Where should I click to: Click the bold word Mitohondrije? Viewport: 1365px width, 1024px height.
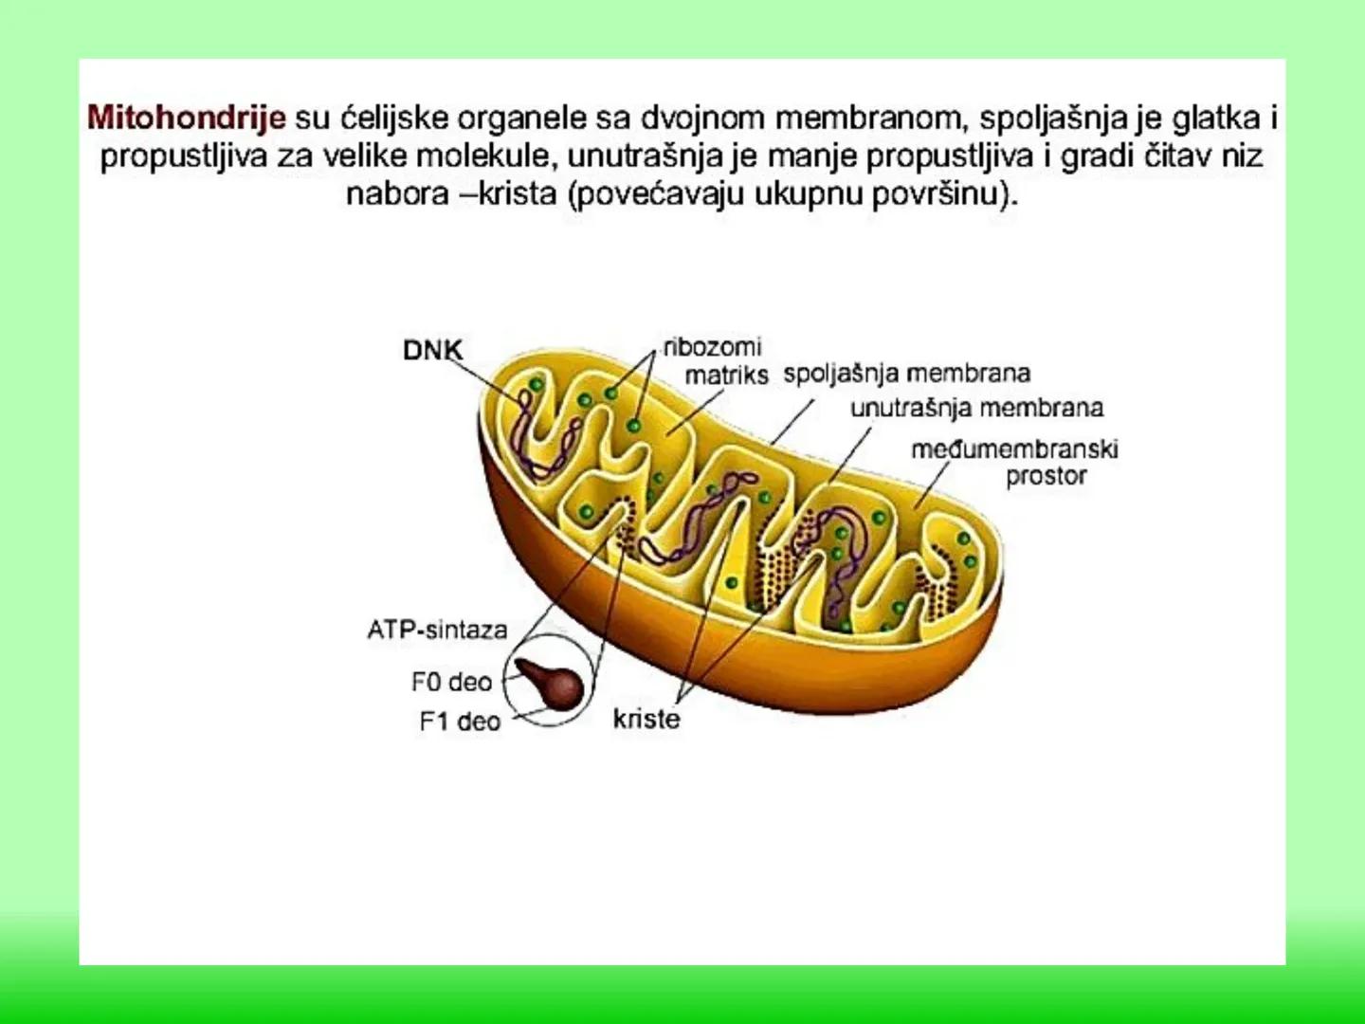click(x=186, y=118)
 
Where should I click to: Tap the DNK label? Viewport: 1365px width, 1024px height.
click(x=432, y=350)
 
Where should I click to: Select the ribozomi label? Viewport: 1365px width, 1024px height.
click(x=712, y=347)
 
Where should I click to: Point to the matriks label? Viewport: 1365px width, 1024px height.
click(x=726, y=375)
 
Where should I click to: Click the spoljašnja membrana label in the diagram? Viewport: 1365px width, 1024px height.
click(x=906, y=374)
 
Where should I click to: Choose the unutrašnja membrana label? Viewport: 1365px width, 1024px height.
click(x=976, y=409)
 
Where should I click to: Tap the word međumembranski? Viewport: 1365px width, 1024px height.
click(x=1014, y=448)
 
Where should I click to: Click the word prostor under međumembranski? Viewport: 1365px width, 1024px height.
click(x=1046, y=476)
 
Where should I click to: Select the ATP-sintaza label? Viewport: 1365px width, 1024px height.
click(x=437, y=630)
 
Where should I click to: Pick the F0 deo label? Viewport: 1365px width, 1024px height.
click(x=451, y=682)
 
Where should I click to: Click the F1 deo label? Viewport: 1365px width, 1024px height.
click(x=459, y=722)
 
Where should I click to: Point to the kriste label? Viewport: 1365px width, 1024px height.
click(x=646, y=719)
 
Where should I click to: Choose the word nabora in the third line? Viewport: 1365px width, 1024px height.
click(x=396, y=193)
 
